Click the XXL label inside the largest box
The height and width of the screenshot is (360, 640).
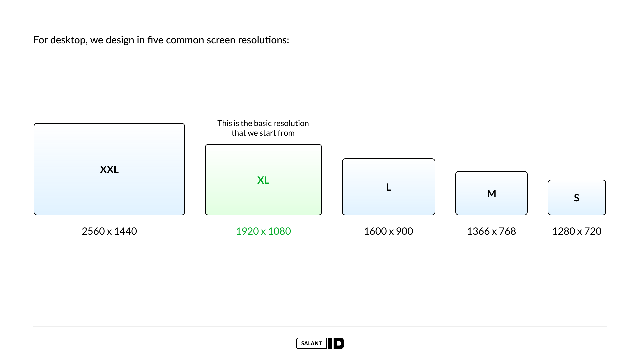coord(109,169)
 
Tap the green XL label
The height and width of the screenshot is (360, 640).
coord(263,180)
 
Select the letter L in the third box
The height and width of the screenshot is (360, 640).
coord(389,187)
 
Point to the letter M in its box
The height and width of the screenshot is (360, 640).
coord(491,193)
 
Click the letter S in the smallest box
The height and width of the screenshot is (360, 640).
coord(577,198)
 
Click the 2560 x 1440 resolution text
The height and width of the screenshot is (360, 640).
coord(109,231)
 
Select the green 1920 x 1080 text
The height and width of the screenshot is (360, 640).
coord(263,231)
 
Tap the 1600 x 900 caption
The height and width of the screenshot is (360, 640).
coord(388,231)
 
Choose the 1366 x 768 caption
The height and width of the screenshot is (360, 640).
coord(491,231)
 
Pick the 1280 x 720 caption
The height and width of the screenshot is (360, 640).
coord(577,231)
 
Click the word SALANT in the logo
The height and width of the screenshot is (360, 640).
coord(311,343)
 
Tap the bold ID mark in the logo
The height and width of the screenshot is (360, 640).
coord(336,343)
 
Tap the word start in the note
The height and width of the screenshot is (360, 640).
coord(268,133)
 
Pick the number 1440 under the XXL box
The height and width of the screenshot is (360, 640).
coord(125,231)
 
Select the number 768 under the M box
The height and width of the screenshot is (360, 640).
coord(507,231)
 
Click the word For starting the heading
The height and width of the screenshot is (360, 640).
coord(41,40)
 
